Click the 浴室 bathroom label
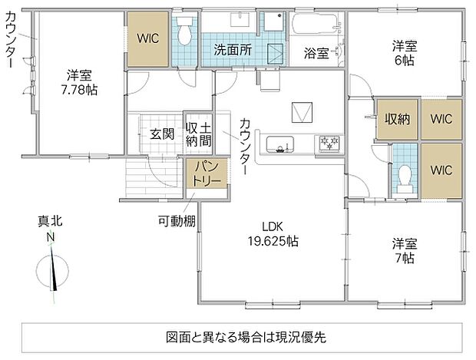(316, 54)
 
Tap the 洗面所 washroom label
(233, 50)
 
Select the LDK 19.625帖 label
(273, 233)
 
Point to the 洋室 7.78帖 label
(79, 83)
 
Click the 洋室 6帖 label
(405, 53)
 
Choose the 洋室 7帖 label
(405, 251)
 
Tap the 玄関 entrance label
(162, 134)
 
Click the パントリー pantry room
(207, 173)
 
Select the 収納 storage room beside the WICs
(398, 119)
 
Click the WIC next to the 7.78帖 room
(148, 38)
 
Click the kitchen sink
(280, 144)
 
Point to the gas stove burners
(329, 143)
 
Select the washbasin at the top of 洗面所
(240, 19)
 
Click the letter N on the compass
(51, 236)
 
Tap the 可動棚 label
(177, 220)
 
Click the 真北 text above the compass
(50, 220)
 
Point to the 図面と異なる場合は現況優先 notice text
(246, 337)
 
